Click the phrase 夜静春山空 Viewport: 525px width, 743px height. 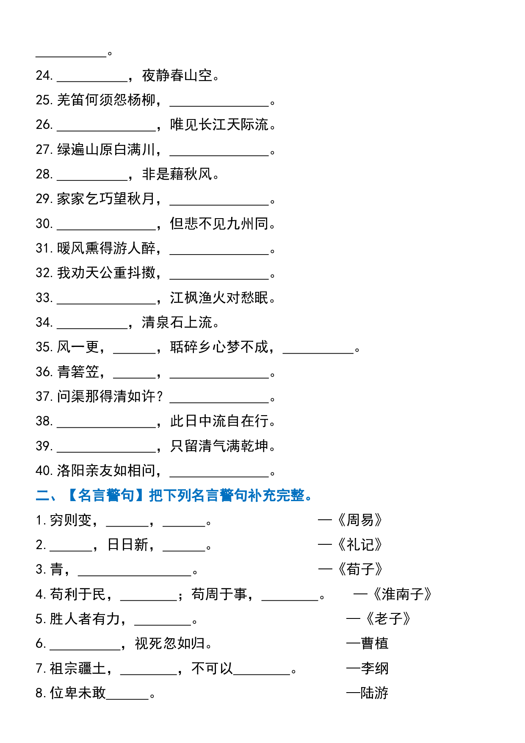[x=177, y=75]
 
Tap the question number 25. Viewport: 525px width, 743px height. [x=44, y=100]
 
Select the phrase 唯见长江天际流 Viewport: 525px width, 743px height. [x=219, y=125]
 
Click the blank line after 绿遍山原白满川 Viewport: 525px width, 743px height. [x=219, y=155]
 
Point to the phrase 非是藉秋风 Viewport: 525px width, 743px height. [x=177, y=174]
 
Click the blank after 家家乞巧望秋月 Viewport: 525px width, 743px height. [x=219, y=204]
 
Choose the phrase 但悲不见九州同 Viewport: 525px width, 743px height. [x=219, y=223]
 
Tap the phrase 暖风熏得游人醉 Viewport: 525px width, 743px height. [x=106, y=248]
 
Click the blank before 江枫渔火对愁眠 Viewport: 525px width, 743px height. [x=106, y=303]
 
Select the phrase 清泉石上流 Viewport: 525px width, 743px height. [x=177, y=322]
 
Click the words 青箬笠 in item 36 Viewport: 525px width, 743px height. [x=78, y=371]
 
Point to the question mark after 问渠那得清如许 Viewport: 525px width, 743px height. [x=160, y=396]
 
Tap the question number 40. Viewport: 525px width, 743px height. [x=44, y=470]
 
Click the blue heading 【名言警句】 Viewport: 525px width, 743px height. [x=106, y=495]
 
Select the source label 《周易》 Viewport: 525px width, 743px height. [x=360, y=520]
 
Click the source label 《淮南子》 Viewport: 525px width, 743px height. [x=403, y=594]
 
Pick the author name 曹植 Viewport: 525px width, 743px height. [x=375, y=643]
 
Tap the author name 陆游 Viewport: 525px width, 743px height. [x=375, y=693]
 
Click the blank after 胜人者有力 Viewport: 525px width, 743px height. [x=163, y=624]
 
